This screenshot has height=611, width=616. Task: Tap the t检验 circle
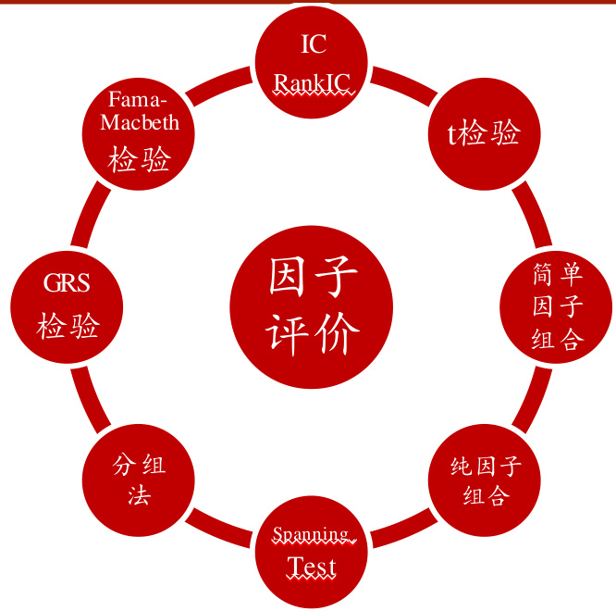pyautogui.click(x=484, y=134)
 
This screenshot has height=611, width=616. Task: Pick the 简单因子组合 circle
pyautogui.click(x=556, y=306)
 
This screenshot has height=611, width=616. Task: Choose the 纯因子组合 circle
pyautogui.click(x=485, y=480)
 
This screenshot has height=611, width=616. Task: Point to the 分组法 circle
pyautogui.click(x=139, y=480)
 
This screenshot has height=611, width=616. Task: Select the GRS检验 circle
pyautogui.click(x=68, y=306)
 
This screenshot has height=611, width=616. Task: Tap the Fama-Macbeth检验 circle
pyautogui.click(x=140, y=134)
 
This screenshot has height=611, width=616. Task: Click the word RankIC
pyautogui.click(x=312, y=83)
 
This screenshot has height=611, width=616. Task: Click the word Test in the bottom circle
pyautogui.click(x=312, y=567)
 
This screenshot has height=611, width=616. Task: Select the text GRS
pyautogui.click(x=68, y=283)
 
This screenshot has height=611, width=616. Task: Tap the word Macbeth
pyautogui.click(x=140, y=122)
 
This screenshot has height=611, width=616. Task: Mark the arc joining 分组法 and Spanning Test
pyautogui.click(x=218, y=530)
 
